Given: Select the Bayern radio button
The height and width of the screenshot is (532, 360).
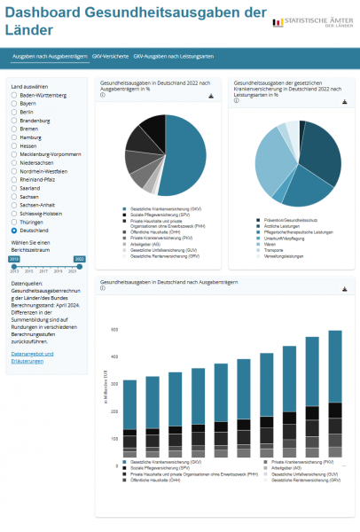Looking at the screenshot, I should (14, 103).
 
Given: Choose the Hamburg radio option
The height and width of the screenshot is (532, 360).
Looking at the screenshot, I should (14, 137).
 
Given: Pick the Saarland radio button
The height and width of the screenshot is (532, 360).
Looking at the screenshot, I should (14, 188).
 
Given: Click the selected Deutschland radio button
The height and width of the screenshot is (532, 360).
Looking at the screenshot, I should (14, 230).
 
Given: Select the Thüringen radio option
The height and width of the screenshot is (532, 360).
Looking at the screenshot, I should (14, 222).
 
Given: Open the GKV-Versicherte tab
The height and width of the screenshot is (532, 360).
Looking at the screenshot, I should (110, 57).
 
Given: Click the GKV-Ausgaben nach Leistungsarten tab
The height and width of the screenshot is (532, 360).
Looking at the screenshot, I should (174, 57).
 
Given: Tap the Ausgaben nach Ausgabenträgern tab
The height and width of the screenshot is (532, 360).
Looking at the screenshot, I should (50, 57).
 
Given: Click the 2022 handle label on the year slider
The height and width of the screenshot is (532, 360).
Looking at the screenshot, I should (79, 259).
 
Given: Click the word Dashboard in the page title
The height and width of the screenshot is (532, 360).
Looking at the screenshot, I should (53, 12).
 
